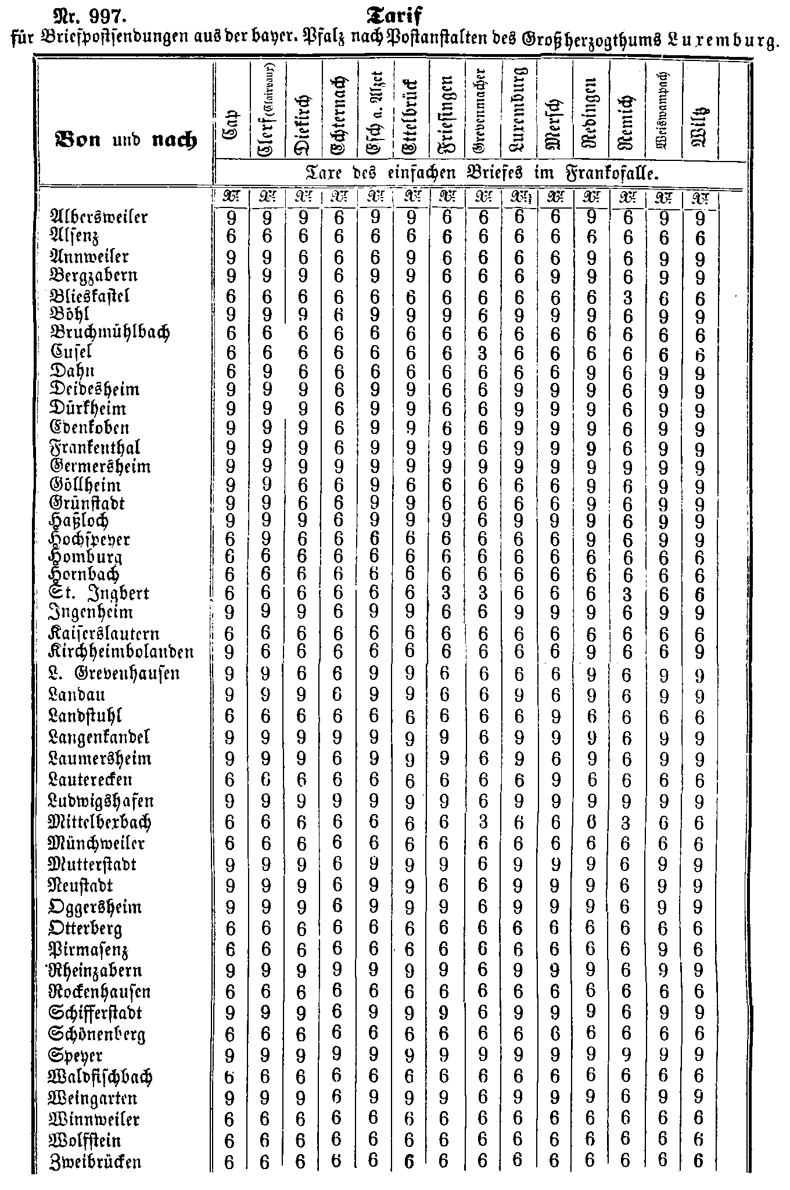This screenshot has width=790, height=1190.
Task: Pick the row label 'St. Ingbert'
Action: pos(100,594)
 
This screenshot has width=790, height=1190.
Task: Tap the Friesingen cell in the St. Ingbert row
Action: pos(446,594)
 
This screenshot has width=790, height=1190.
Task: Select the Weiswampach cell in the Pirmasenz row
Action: pos(663,951)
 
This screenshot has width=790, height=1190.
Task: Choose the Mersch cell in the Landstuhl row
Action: pos(554,716)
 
